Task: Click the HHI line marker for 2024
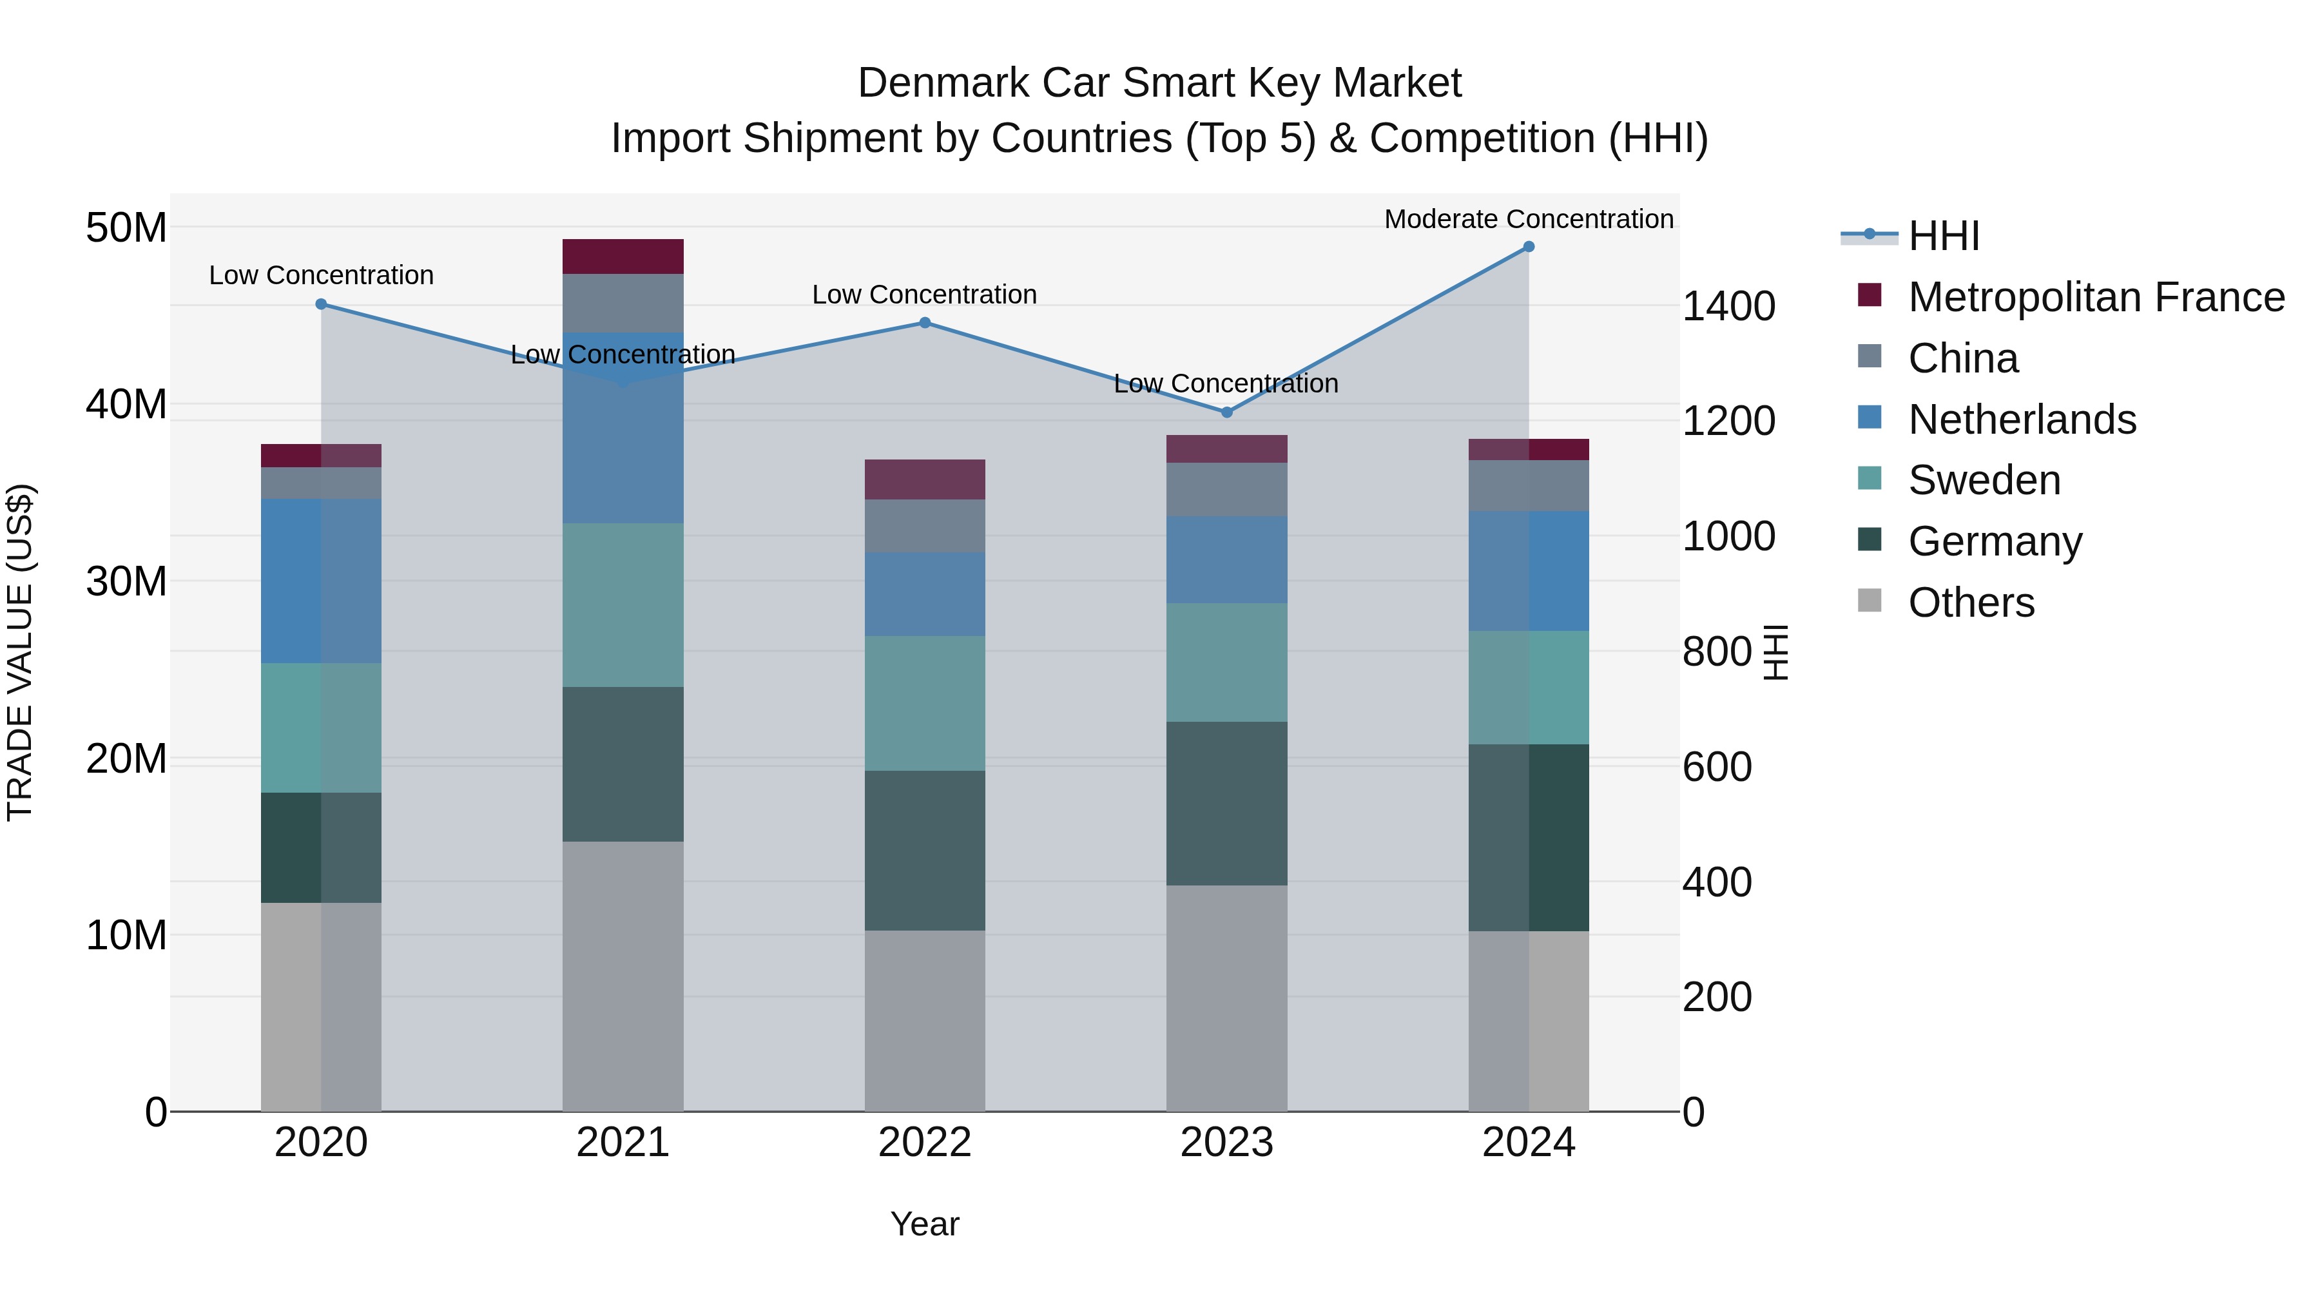click(1529, 247)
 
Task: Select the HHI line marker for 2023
click(1226, 412)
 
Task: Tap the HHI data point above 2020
click(321, 304)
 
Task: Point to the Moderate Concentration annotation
click(1529, 219)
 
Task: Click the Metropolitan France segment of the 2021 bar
click(623, 256)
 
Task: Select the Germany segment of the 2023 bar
click(1226, 804)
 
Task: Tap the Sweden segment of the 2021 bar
click(623, 605)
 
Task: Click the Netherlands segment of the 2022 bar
click(925, 594)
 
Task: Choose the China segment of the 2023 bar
click(1226, 489)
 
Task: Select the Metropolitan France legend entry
click(2096, 297)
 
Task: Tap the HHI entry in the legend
click(1944, 236)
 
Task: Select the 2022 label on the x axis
click(925, 1143)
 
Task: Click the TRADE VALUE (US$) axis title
click(20, 652)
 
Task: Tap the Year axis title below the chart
click(925, 1224)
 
